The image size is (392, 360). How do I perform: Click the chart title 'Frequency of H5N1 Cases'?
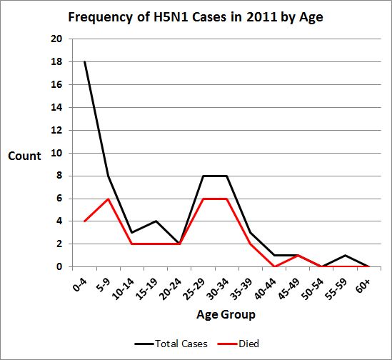[x=196, y=17]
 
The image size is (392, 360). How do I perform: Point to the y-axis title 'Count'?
[x=25, y=155]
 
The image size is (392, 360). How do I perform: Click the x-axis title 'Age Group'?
[x=226, y=314]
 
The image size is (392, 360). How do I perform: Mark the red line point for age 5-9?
[x=107, y=199]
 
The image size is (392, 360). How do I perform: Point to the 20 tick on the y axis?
[x=55, y=39]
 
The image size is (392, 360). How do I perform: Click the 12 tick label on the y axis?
[x=55, y=130]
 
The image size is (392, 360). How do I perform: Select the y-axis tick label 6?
[x=58, y=199]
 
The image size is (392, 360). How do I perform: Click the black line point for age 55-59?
[x=344, y=256]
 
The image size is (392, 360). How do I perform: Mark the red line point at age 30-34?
[x=226, y=199]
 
